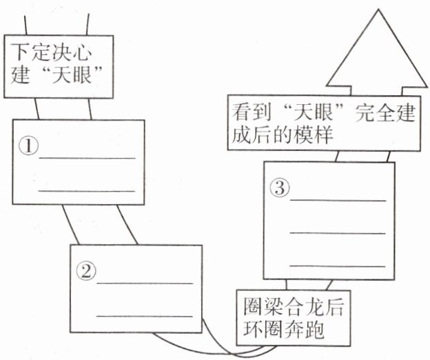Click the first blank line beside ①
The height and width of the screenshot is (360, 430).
tap(87, 158)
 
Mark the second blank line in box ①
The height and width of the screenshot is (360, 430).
tap(87, 190)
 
